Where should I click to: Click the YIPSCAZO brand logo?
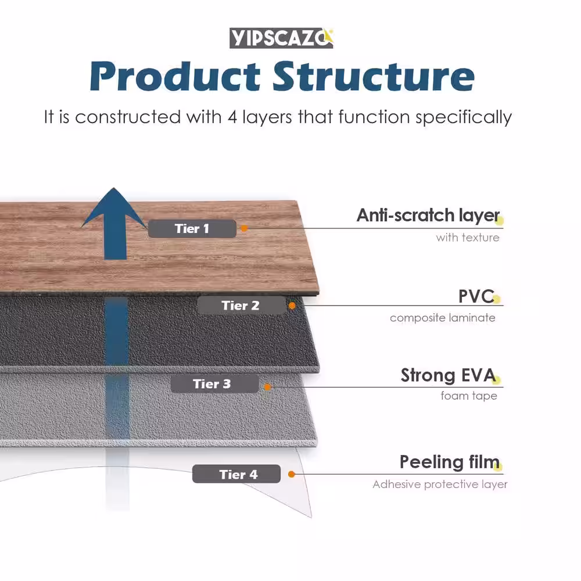[x=281, y=38]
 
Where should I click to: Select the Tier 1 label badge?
[x=192, y=229]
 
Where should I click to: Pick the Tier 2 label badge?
[x=241, y=306]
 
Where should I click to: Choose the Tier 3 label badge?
[x=213, y=384]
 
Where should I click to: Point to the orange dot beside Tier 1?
[x=245, y=228]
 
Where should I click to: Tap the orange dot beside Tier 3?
[x=267, y=386]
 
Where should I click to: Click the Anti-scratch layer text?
[x=428, y=216]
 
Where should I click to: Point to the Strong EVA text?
[x=447, y=376]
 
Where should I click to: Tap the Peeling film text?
[x=449, y=462]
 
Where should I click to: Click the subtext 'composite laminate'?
[x=443, y=318]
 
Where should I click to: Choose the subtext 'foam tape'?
[x=469, y=396]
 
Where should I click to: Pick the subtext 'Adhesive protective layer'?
[x=440, y=485]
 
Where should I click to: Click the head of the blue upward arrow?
[x=114, y=206]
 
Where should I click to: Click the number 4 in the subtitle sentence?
[x=228, y=117]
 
